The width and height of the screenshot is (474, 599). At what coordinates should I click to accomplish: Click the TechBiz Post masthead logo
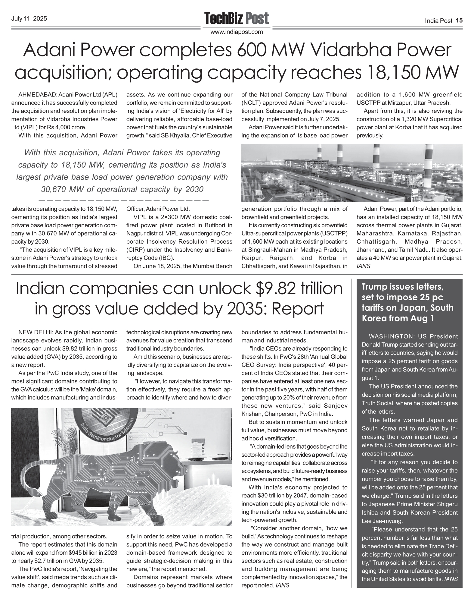pos(237,19)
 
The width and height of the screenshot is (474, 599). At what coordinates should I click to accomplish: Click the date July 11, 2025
pos(29,19)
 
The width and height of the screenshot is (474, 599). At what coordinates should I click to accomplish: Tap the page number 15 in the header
pos(459,20)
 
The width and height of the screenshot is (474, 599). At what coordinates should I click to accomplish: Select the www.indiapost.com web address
pos(237,32)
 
